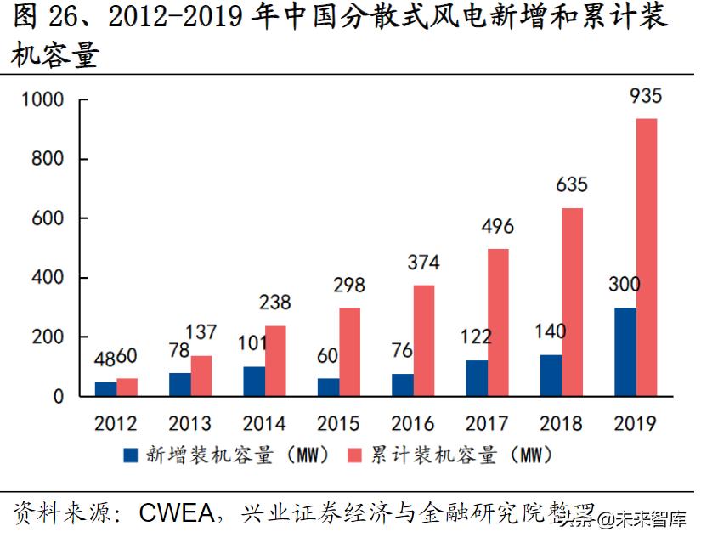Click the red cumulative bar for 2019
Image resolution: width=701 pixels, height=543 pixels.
pyautogui.click(x=646, y=257)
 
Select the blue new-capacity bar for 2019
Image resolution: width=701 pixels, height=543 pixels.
pyautogui.click(x=625, y=352)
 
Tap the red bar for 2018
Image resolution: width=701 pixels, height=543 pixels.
pyautogui.click(x=572, y=302)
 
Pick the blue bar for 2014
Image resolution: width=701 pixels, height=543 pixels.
pyautogui.click(x=253, y=382)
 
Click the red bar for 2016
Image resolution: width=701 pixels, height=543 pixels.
pyautogui.click(x=423, y=341)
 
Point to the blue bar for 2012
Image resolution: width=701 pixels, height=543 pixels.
pyautogui.click(x=105, y=389)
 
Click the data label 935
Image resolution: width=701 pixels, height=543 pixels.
pyautogui.click(x=644, y=96)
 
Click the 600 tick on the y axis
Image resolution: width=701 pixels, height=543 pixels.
pyautogui.click(x=50, y=219)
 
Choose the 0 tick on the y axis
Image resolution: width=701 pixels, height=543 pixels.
pyautogui.click(x=59, y=397)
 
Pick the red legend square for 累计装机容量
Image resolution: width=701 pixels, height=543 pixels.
pyautogui.click(x=358, y=455)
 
